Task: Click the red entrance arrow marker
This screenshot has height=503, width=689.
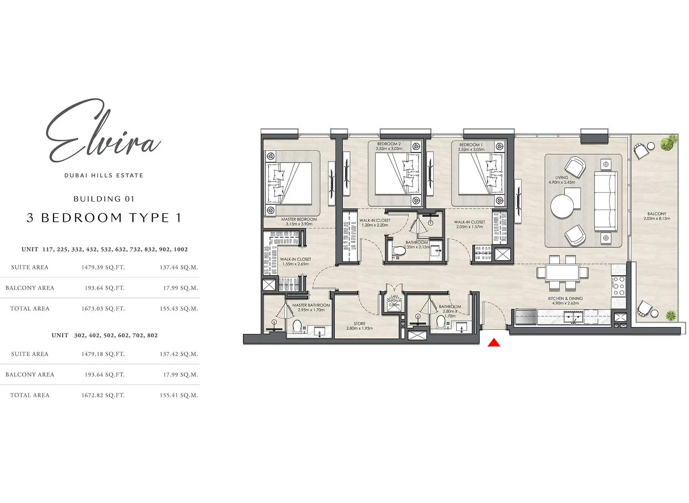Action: (x=494, y=343)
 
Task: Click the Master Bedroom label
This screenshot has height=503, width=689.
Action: (x=299, y=221)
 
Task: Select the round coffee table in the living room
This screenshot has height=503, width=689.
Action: (x=562, y=206)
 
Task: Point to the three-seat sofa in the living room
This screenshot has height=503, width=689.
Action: (x=605, y=201)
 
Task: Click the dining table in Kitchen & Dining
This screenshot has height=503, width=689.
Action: (x=562, y=273)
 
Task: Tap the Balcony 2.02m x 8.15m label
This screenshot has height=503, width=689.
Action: (x=657, y=216)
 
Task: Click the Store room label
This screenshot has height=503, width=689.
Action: (x=360, y=326)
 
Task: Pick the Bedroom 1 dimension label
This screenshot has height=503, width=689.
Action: (x=471, y=149)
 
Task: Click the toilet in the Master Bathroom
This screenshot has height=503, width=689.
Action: (x=297, y=327)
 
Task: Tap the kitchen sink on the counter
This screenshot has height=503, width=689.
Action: (x=573, y=318)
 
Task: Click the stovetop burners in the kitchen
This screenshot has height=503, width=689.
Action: (x=619, y=287)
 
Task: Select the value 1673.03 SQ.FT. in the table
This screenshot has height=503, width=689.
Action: (x=103, y=308)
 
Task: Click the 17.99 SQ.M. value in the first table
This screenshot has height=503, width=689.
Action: (x=181, y=288)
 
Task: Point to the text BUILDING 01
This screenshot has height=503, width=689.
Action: (x=104, y=199)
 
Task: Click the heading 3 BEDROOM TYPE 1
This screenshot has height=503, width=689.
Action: (x=104, y=218)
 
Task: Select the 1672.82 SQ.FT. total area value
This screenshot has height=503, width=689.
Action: (x=103, y=395)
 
